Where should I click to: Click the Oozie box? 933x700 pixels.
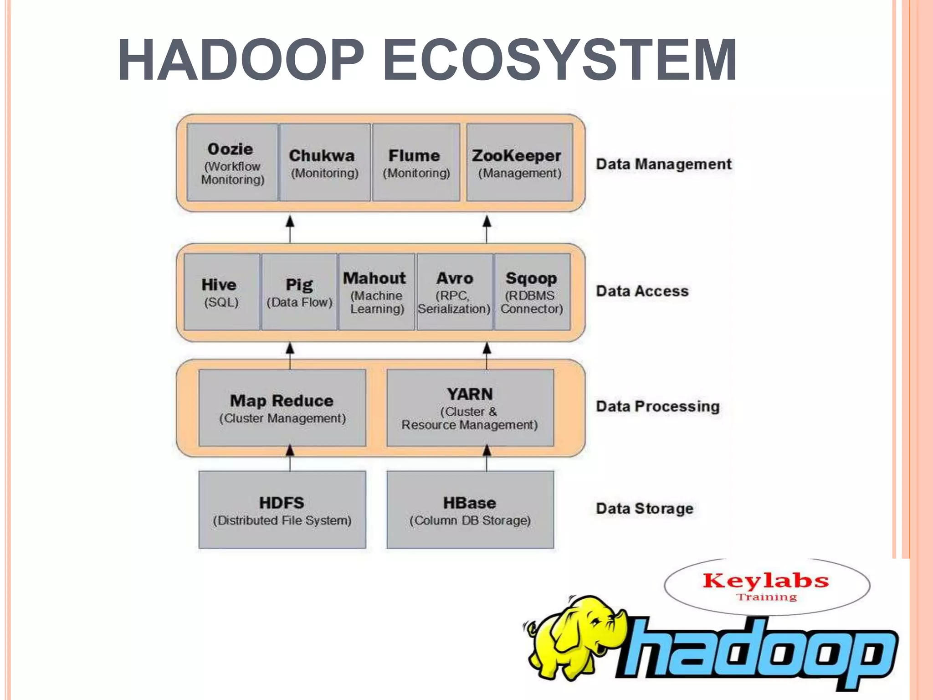pos(232,162)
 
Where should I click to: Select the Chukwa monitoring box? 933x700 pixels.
pos(324,162)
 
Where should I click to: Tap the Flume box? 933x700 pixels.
pos(416,162)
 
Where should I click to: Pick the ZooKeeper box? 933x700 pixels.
pos(519,162)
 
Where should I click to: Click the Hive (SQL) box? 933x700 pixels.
pos(221,292)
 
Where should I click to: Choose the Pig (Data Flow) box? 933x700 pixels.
pos(299,292)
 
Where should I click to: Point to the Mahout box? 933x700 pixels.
pos(376,292)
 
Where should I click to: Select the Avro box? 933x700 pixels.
pos(454,292)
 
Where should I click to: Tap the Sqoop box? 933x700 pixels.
pos(532,292)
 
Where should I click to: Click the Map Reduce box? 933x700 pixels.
pos(282,408)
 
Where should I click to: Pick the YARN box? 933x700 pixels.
pos(470,408)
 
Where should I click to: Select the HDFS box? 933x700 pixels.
pos(282,510)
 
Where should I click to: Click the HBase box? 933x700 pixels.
pos(470,510)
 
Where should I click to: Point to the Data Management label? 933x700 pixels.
pos(663,164)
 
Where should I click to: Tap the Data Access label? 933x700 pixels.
pos(642,291)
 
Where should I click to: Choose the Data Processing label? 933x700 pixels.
pos(657,407)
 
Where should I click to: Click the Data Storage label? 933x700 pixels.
pos(644,509)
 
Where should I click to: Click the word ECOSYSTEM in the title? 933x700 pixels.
pos(559,60)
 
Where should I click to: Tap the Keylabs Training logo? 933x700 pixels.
pos(766,586)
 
